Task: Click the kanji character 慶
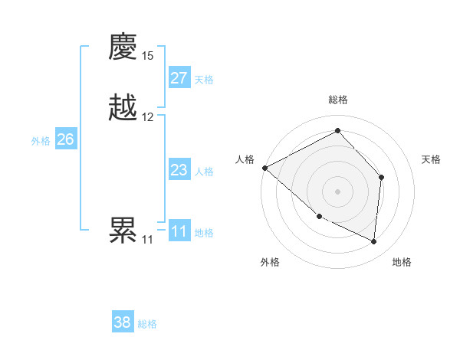(123, 47)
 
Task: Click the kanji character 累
(123, 230)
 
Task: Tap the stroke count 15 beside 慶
(148, 56)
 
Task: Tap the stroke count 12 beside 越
(148, 117)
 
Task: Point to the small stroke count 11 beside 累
(147, 239)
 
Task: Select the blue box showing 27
(179, 78)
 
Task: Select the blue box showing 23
(179, 170)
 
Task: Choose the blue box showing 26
(66, 139)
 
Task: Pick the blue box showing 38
(123, 322)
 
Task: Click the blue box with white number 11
(179, 231)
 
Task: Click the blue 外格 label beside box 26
(41, 141)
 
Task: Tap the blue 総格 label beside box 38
(147, 324)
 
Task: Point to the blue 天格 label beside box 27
(204, 80)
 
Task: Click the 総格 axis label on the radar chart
(338, 100)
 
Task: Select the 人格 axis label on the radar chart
(245, 159)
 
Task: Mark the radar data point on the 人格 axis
(264, 167)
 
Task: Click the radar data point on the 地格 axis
(374, 242)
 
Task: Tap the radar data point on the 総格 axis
(337, 131)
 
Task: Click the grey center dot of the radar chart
(337, 191)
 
